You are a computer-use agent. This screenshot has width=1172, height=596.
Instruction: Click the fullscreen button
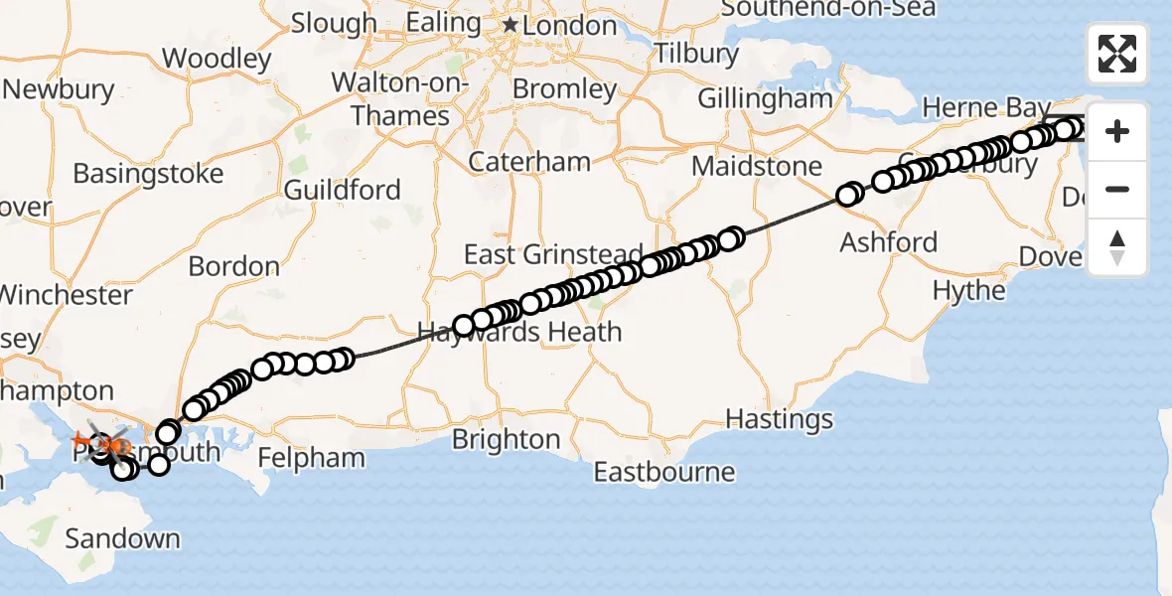click(x=1117, y=54)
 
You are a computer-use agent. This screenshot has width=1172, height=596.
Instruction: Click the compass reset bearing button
click(x=1117, y=247)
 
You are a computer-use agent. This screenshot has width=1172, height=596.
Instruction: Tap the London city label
click(x=569, y=26)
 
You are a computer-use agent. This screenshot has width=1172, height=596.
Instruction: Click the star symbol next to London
click(x=511, y=25)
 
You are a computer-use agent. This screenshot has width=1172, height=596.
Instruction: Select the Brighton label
click(x=506, y=439)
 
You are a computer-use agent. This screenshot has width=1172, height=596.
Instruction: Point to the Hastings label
click(x=780, y=418)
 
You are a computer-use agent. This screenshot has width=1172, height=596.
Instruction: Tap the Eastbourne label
click(x=664, y=471)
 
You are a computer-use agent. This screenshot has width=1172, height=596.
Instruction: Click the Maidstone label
click(x=758, y=166)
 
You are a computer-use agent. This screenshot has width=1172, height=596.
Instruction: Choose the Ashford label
click(x=888, y=241)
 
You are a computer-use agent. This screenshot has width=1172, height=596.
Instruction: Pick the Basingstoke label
click(x=148, y=174)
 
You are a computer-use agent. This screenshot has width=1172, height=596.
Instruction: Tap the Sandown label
click(x=122, y=539)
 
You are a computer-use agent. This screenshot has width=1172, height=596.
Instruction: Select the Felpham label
click(x=311, y=458)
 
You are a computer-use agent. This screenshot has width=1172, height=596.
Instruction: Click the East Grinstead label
click(x=553, y=254)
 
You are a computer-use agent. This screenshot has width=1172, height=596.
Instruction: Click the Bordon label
click(x=233, y=266)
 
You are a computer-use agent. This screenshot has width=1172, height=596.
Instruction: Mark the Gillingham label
click(x=765, y=98)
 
